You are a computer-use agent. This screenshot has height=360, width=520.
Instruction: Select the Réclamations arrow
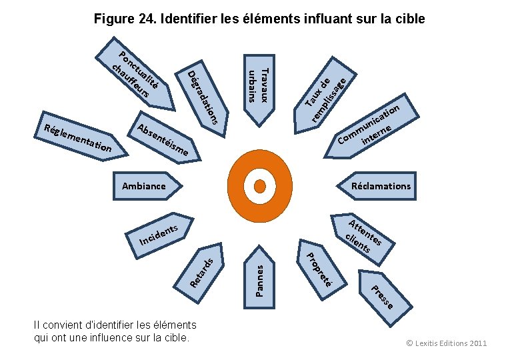[x=379, y=185]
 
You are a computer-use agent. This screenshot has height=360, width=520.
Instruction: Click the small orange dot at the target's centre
[x=259, y=185]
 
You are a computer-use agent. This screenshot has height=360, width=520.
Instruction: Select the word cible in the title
[x=409, y=18]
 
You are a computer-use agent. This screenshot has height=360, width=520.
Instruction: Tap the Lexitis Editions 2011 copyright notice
[x=446, y=343]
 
